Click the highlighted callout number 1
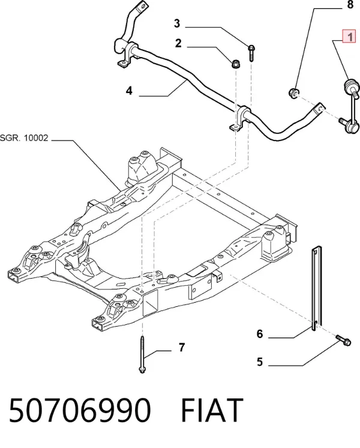[x=349, y=37]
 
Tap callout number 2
[x=178, y=43]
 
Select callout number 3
[x=177, y=23]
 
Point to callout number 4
[x=129, y=91]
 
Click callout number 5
[x=260, y=362]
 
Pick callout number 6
[x=260, y=333]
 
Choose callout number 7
[x=182, y=348]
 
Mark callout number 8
[x=350, y=5]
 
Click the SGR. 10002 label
[x=24, y=138]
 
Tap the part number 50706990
[x=80, y=410]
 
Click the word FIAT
[x=212, y=410]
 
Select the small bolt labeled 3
[x=251, y=53]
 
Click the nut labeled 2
[x=236, y=64]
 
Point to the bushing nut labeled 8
[x=293, y=93]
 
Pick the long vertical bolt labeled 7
[x=142, y=354]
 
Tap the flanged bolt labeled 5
[x=343, y=340]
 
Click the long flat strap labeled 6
[x=316, y=289]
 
